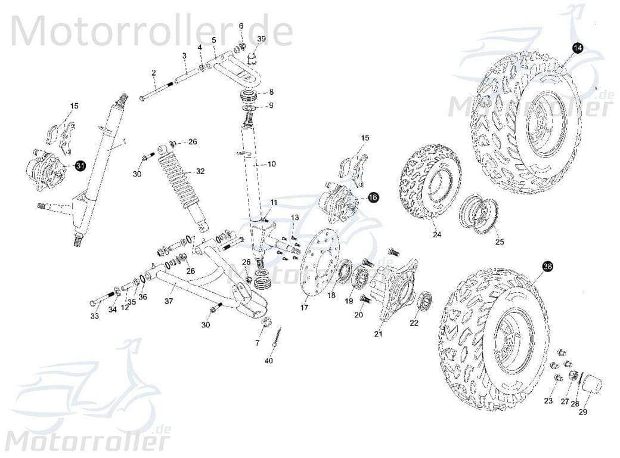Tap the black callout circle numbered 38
pos(547,267)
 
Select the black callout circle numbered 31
pos(79,168)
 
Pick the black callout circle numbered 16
pos(373,197)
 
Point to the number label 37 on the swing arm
pos(169,301)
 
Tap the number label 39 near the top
pos(261,39)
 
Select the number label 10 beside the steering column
pos(271,164)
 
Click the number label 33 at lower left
pos(94,316)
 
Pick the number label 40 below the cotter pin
pos(268,361)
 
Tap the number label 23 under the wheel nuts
pos(548,400)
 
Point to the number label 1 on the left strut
pos(125,142)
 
